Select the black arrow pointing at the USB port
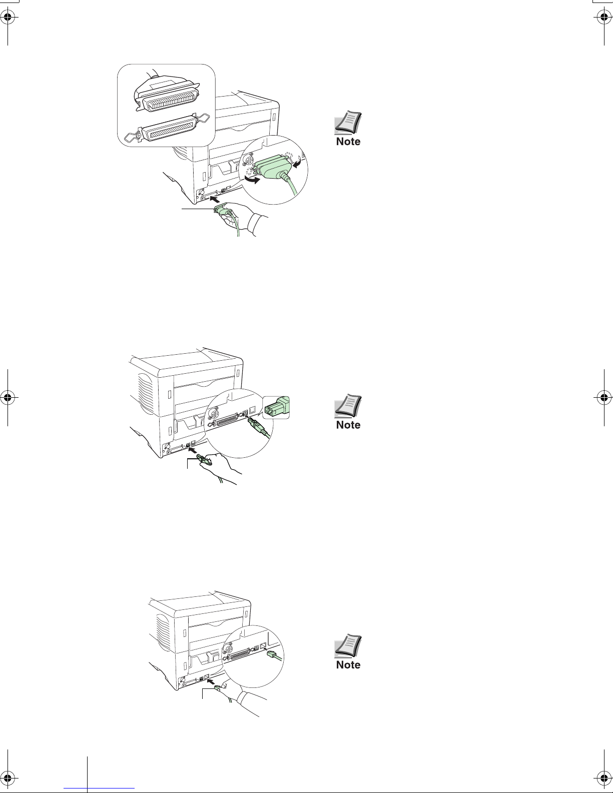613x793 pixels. click(x=192, y=449)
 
